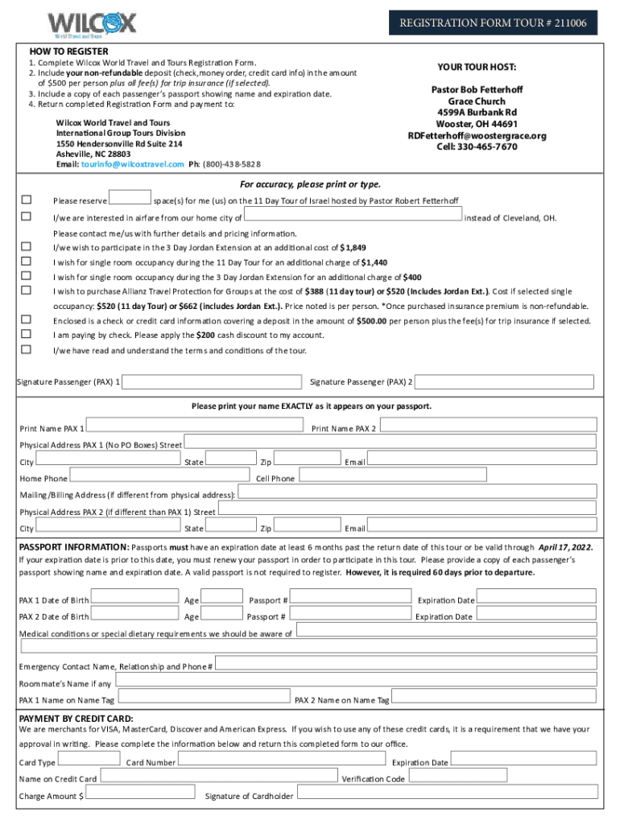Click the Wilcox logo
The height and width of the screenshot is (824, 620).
(92, 23)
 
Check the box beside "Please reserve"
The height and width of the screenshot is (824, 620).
(27, 200)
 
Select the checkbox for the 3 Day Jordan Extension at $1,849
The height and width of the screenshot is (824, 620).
(27, 247)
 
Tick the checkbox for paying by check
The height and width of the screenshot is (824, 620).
(27, 334)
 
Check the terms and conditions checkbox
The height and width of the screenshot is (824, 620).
(27, 349)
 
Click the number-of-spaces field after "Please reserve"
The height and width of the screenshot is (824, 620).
(130, 198)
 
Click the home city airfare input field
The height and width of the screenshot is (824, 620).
(353, 216)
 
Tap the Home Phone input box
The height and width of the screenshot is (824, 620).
(158, 477)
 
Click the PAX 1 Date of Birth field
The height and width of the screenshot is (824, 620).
(134, 597)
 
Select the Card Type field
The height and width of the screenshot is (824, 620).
(89, 760)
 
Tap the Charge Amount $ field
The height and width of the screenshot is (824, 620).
(142, 794)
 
